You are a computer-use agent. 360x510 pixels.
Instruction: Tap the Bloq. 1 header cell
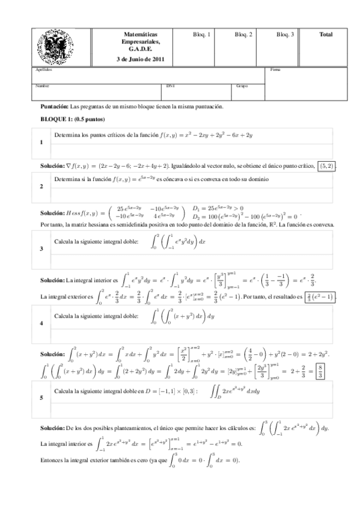(201, 35)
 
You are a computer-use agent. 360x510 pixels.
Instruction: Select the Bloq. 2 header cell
(243, 35)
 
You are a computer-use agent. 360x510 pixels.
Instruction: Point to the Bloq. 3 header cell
(285, 35)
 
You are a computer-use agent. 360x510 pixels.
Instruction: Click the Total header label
(326, 35)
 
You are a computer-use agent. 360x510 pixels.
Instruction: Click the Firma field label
(275, 70)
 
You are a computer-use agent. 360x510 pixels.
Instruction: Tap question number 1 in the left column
(40, 143)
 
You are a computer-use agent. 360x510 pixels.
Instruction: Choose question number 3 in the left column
(40, 248)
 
